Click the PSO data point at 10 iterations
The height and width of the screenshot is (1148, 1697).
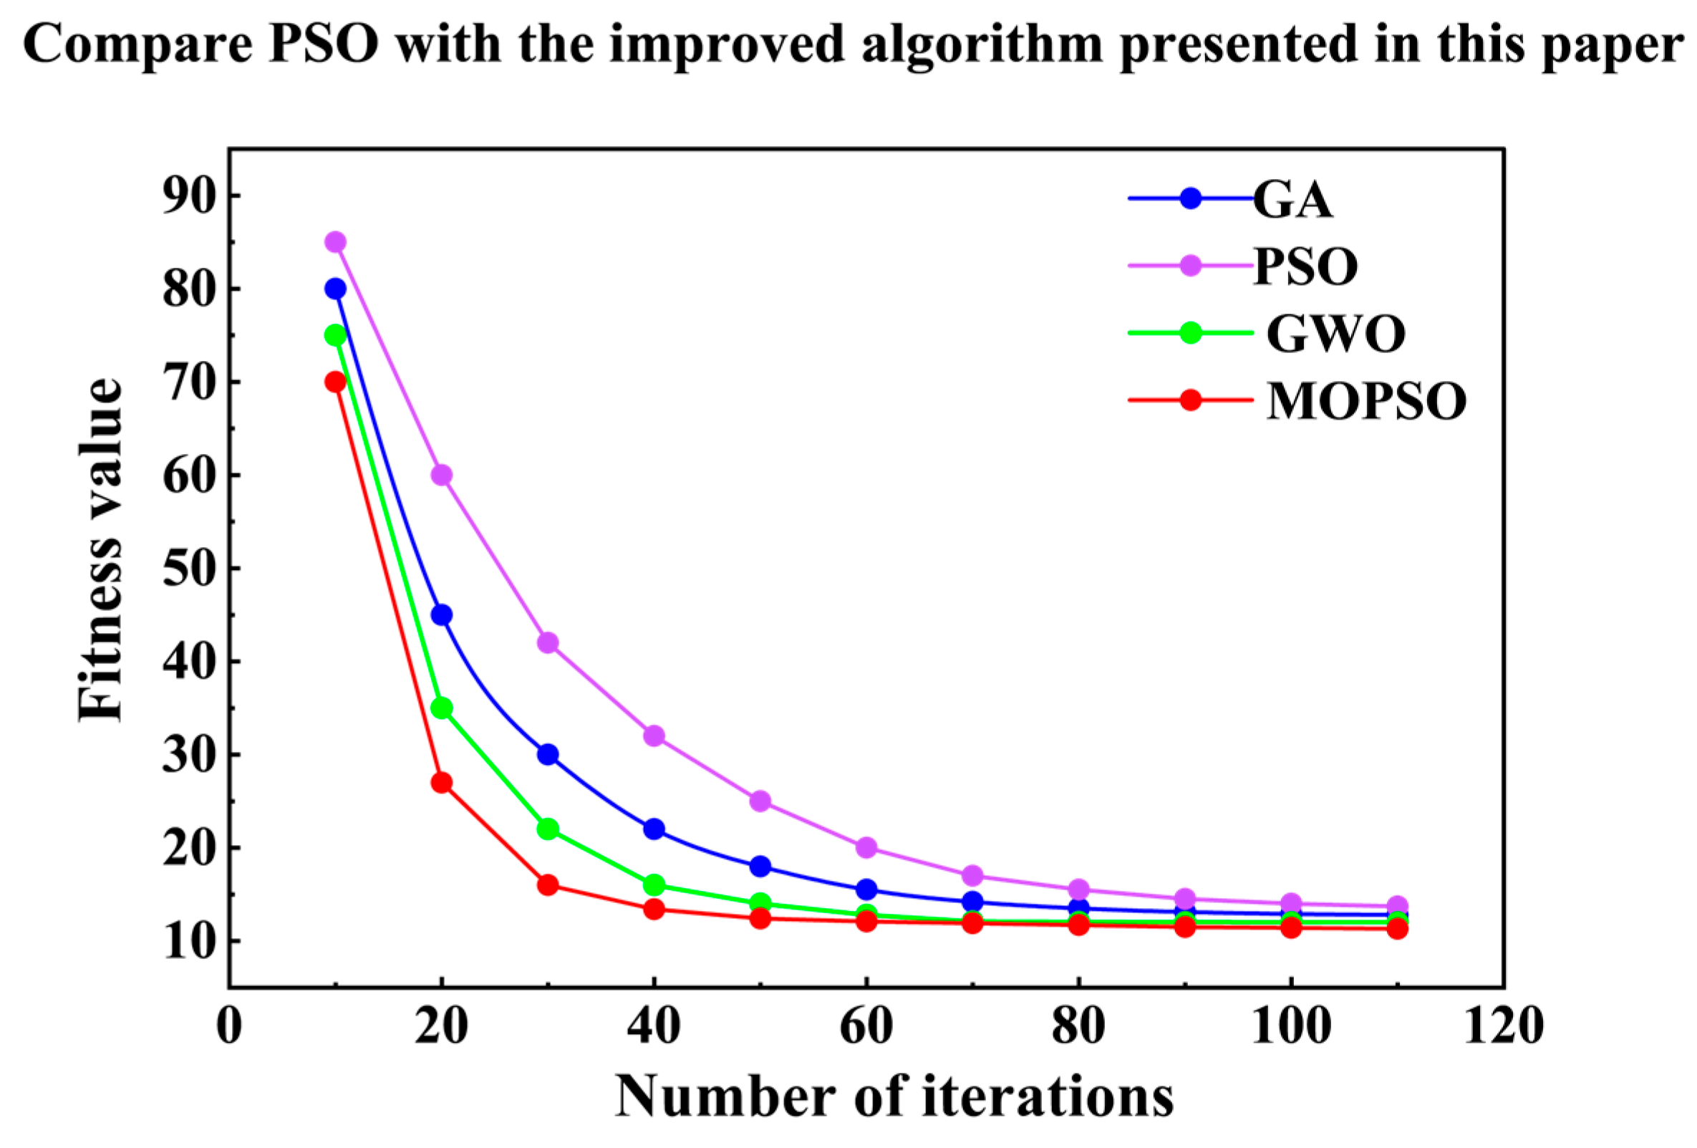click(335, 242)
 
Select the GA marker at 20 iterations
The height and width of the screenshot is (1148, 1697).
click(441, 614)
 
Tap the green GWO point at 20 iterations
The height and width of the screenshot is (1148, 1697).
click(441, 708)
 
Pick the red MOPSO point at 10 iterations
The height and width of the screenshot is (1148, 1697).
click(335, 381)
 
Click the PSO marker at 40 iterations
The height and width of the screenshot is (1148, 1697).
click(654, 735)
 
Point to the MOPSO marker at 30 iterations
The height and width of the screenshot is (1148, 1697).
click(548, 885)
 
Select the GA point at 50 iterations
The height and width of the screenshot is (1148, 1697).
click(760, 866)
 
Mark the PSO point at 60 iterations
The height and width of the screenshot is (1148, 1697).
click(866, 847)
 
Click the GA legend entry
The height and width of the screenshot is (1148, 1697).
click(1292, 199)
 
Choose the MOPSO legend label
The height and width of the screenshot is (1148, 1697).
click(1365, 401)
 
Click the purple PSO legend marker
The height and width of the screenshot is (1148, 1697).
click(1190, 266)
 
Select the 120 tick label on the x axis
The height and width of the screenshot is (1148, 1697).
click(1504, 1026)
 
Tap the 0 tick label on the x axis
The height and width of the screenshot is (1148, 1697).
click(229, 1026)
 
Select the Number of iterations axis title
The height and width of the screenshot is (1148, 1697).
click(894, 1098)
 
